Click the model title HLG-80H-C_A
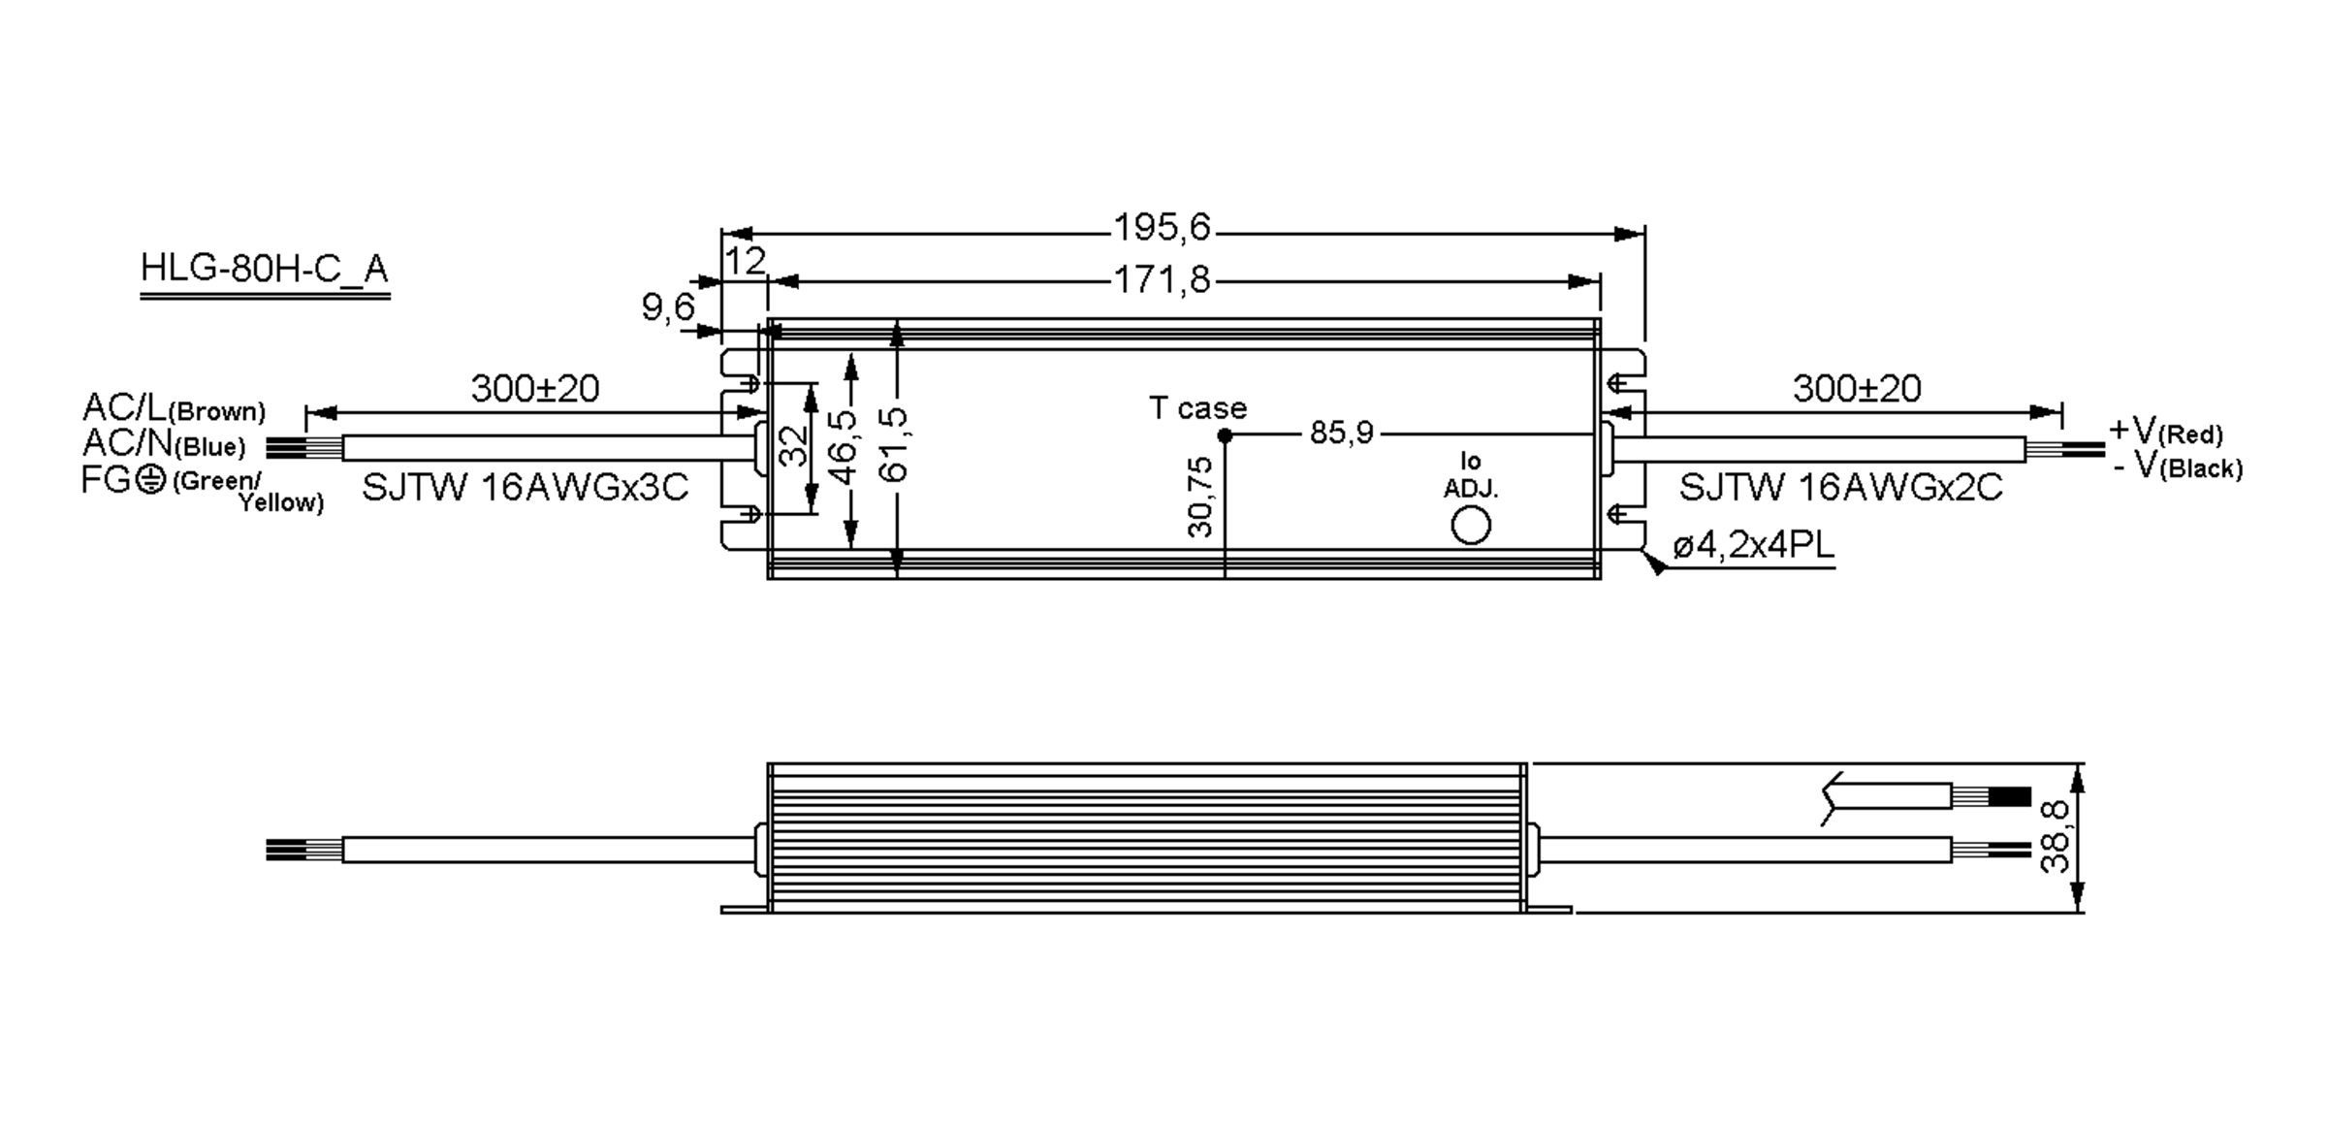(x=265, y=268)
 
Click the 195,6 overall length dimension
(x=1162, y=228)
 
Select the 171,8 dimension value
(x=1162, y=280)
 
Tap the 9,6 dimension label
(x=668, y=307)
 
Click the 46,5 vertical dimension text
(x=844, y=446)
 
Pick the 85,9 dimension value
(x=1341, y=433)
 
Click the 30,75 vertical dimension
(x=1200, y=497)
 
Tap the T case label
(x=1197, y=408)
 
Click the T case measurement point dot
(x=1225, y=436)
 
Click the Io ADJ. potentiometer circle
(x=1471, y=526)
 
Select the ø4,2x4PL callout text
(x=1753, y=546)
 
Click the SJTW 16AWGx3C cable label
(x=525, y=487)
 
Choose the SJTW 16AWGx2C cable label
(x=1840, y=487)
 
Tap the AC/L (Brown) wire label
(x=174, y=408)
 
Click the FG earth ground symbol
(x=150, y=480)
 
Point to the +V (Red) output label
(x=2165, y=431)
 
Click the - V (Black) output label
(x=2177, y=467)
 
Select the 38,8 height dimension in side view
(x=2055, y=836)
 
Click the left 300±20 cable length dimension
(x=535, y=389)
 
